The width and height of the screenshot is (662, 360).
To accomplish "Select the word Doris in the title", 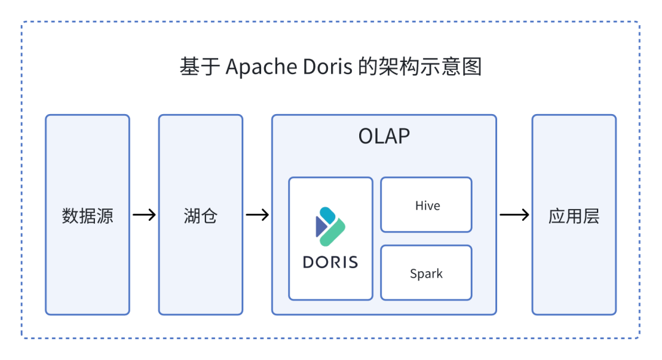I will coord(327,67).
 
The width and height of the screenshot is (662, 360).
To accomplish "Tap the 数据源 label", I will coord(88,215).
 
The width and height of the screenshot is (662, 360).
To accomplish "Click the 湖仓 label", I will coord(200,215).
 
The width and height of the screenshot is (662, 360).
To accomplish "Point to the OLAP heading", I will coord(384,136).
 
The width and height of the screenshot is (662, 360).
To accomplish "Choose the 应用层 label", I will coord(574,215).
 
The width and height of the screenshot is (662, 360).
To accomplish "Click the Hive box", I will coord(427,205).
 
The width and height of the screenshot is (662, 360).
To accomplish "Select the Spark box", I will coord(427,274).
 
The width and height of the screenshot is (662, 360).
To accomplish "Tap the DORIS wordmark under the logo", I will coord(330,262).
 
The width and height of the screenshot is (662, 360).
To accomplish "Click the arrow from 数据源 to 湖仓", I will coord(144,215).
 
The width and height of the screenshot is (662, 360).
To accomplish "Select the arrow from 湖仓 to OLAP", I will coord(257,215).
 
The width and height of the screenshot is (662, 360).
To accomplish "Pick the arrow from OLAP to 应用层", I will coord(514,215).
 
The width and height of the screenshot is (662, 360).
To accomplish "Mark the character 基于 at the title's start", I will coord(200,67).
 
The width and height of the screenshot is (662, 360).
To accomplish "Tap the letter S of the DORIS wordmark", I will coord(352,262).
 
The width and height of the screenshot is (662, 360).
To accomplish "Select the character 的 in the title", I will coord(368,67).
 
